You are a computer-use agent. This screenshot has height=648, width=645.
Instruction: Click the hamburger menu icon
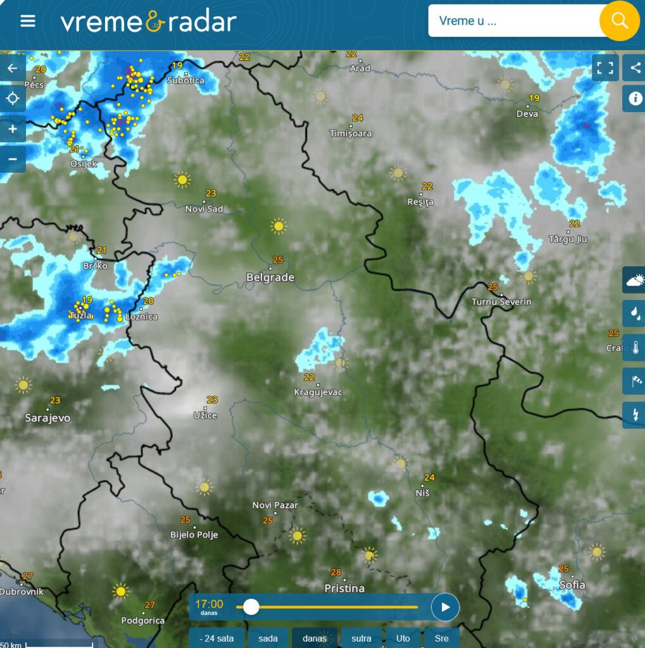[28, 21]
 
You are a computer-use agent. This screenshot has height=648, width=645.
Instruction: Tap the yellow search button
[619, 21]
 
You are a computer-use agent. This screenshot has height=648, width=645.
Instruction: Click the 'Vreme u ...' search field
[513, 21]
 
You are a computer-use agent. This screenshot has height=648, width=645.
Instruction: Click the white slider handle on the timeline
[251, 607]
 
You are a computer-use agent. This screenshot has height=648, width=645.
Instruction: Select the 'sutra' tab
[361, 638]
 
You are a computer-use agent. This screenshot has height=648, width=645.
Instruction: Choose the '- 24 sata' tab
[216, 638]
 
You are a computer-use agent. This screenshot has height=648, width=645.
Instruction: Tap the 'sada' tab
[268, 638]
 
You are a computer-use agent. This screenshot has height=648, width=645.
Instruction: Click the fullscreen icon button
[605, 68]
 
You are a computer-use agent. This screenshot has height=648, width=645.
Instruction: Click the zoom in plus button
[13, 129]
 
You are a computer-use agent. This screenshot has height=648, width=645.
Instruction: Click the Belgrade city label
[270, 277]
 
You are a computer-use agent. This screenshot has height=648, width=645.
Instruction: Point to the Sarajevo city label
[47, 418]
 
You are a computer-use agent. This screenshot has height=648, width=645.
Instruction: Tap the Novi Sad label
[204, 209]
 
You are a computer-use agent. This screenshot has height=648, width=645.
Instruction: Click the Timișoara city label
[351, 134]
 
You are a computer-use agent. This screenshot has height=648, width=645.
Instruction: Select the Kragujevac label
[318, 392]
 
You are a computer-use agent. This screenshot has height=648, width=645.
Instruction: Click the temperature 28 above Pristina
[336, 572]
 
